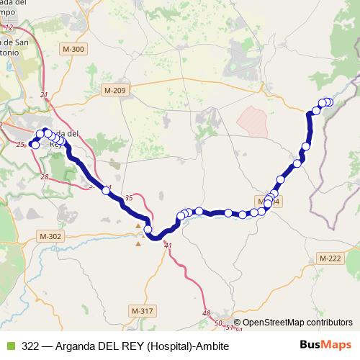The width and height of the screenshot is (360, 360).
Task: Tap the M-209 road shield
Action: (x=114, y=90)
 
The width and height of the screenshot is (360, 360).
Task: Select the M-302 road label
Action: (x=51, y=236)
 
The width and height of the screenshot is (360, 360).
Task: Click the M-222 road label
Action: (x=330, y=258)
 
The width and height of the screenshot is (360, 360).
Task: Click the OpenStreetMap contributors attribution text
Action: (x=297, y=323)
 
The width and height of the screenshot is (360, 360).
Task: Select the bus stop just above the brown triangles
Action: (x=148, y=230)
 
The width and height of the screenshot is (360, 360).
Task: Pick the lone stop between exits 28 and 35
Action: (x=106, y=190)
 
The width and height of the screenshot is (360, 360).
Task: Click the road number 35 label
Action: (x=129, y=197)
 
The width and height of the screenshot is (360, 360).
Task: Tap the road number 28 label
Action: (x=45, y=176)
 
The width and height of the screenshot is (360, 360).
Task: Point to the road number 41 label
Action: (x=169, y=246)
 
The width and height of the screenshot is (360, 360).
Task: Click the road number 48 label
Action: (x=207, y=312)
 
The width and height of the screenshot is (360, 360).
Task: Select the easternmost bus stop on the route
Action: (x=330, y=102)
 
